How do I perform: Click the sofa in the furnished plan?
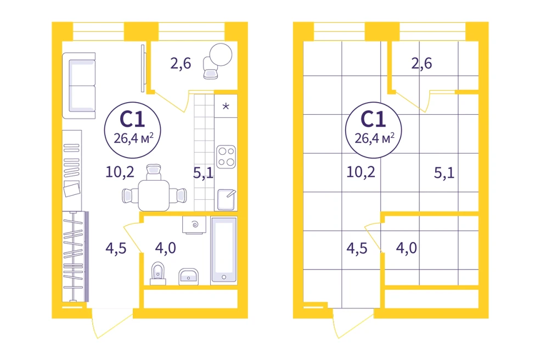(79, 86)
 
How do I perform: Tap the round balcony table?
(221, 54)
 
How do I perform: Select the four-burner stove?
(226, 157)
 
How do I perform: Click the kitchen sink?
(226, 199)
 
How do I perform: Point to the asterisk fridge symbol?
(226, 106)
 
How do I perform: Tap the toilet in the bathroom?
(157, 274)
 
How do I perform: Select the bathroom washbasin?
(188, 277)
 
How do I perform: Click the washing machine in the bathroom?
(194, 226)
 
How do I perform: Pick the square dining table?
(154, 195)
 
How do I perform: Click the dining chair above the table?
(154, 172)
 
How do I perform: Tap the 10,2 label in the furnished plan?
(120, 172)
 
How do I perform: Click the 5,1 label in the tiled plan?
(445, 173)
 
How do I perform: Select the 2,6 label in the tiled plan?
(421, 64)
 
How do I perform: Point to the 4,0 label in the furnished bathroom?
(165, 248)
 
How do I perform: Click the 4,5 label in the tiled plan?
(357, 248)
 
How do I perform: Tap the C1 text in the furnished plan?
(132, 119)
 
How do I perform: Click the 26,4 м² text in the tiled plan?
(374, 138)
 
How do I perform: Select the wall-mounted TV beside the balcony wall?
(143, 68)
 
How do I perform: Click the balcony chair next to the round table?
(210, 69)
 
